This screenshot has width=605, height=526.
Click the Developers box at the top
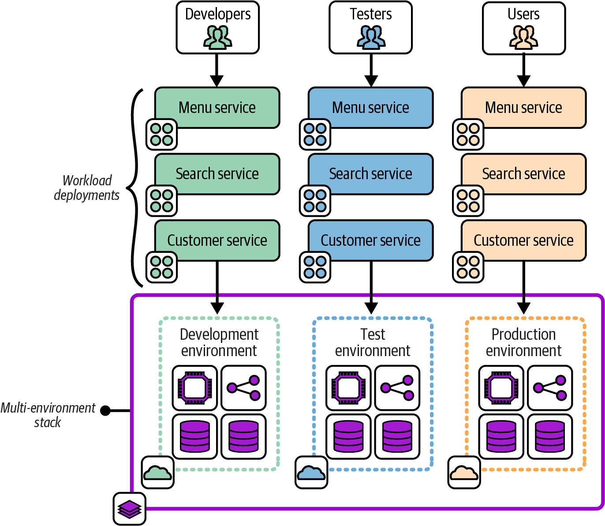(x=217, y=27)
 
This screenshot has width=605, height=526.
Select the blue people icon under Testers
(x=371, y=37)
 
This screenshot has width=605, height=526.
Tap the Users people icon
(x=523, y=37)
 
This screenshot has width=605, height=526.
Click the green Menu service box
(x=217, y=107)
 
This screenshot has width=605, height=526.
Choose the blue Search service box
(x=370, y=173)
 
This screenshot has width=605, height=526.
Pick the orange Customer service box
(x=523, y=240)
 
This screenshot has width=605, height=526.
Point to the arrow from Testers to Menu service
(x=371, y=71)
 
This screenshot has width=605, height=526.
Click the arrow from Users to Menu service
(x=523, y=71)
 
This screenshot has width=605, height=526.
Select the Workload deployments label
(x=87, y=188)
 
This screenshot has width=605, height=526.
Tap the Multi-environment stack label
(x=48, y=415)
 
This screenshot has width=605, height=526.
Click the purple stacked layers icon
(x=129, y=509)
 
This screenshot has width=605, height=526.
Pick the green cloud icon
(x=157, y=473)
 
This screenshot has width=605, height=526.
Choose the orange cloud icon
(x=464, y=473)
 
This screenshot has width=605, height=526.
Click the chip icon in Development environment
(x=194, y=388)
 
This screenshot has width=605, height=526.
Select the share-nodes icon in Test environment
(x=397, y=388)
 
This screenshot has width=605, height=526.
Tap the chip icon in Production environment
(x=501, y=388)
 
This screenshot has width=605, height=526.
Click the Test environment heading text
(x=373, y=342)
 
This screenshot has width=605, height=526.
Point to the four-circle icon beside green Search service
(x=161, y=201)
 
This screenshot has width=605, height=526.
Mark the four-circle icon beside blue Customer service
(x=315, y=267)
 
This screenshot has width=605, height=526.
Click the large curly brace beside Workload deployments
(x=134, y=188)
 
